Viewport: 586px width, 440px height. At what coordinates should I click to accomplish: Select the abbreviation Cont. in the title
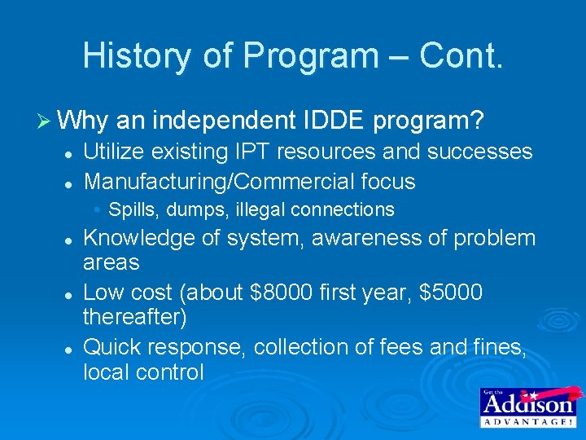pyautogui.click(x=461, y=55)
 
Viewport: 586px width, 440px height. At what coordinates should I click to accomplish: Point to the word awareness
pyautogui.click(x=367, y=238)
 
